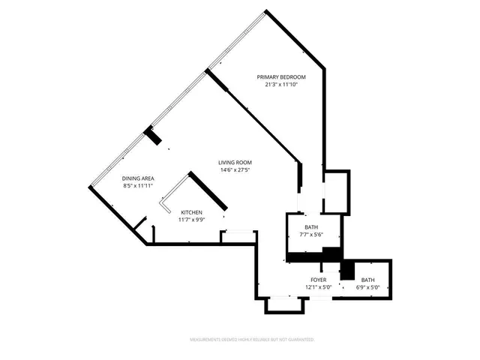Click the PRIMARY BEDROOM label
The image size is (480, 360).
281,77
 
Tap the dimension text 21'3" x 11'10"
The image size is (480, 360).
281,85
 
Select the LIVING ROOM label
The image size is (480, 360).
235,163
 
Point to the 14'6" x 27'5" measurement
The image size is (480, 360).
235,170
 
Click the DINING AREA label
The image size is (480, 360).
138,178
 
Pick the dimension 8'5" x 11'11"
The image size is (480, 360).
138,186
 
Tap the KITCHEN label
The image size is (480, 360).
190,213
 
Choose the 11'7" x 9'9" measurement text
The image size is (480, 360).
190,220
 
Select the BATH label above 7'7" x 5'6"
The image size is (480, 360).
310,227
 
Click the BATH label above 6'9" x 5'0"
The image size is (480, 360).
368,279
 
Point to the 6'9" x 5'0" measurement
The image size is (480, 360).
368,286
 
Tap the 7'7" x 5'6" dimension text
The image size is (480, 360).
310,235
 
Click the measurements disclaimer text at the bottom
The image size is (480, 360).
252,340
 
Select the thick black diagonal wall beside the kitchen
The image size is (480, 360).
208,191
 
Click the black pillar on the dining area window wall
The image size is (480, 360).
153,136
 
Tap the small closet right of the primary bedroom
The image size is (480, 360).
337,193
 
